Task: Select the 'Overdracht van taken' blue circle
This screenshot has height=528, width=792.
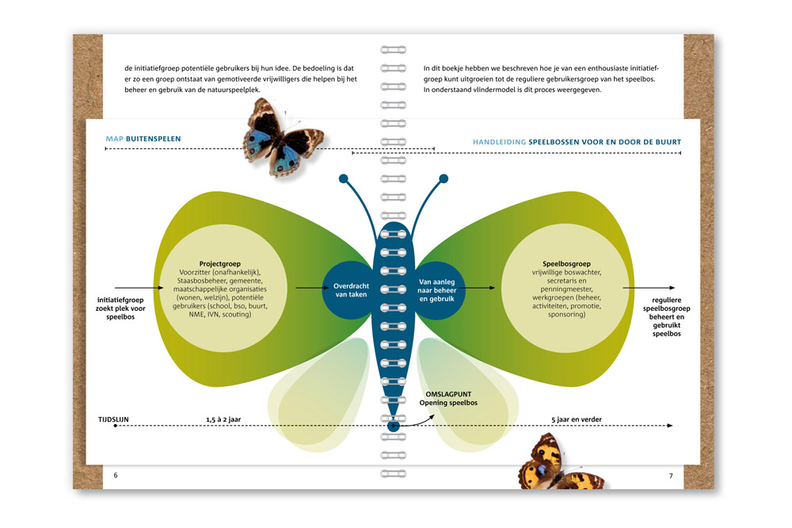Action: tap(351, 290)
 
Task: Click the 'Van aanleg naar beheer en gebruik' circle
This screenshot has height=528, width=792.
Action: tap(437, 290)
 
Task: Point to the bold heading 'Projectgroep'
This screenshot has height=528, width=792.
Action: tap(219, 263)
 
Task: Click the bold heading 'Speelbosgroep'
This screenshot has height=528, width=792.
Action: tap(566, 263)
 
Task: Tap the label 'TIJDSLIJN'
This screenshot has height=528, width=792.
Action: tap(113, 419)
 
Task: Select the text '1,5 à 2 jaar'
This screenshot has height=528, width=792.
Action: tap(223, 419)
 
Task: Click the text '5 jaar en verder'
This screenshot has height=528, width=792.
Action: tap(577, 419)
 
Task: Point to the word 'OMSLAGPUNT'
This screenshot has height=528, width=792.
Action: tap(448, 394)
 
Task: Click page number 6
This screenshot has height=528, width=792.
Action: tap(116, 475)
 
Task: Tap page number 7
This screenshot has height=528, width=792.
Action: tap(671, 476)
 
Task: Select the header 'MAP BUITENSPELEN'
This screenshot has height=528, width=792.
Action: tap(143, 139)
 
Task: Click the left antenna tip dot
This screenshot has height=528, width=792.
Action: tap(344, 178)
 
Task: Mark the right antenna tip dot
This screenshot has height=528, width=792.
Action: tap(444, 178)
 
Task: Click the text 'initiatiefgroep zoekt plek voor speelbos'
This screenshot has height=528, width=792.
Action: tap(120, 308)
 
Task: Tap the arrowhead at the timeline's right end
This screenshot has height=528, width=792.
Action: tap(670, 426)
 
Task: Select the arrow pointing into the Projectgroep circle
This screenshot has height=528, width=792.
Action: tap(139, 288)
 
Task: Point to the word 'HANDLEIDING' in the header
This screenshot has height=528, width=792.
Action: tap(499, 142)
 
